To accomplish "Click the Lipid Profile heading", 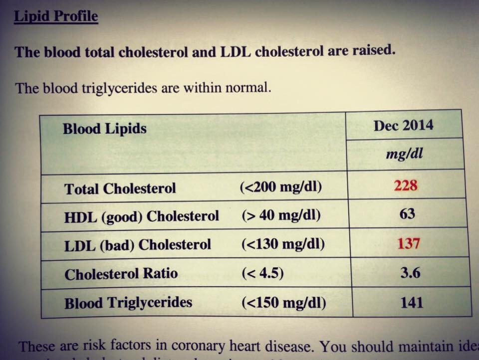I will tap(56, 16).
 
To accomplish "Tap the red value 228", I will tap(405, 185).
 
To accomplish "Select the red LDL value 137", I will tap(408, 244).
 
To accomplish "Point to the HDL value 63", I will tap(407, 214).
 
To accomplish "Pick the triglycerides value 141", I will tap(411, 303).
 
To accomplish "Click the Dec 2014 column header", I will tap(403, 125).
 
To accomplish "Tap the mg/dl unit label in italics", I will tap(404, 154).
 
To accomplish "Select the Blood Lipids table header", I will tap(104, 129).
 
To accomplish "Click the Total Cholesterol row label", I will tap(120, 189).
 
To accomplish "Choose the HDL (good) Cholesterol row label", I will tap(141, 216).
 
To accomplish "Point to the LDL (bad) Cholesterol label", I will tap(137, 245).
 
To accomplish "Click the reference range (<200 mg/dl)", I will tap(281, 188).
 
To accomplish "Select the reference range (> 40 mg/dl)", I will tap(281, 216).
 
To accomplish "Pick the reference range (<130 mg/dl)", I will tap(282, 245).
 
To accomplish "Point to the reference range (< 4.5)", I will tap(262, 274).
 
